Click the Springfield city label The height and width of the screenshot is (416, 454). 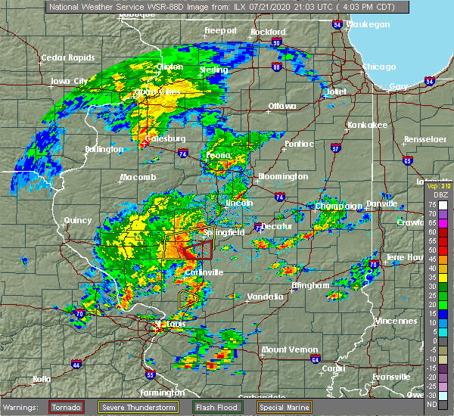224,233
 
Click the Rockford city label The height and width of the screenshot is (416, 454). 268,32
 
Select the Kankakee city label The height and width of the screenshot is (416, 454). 366,125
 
